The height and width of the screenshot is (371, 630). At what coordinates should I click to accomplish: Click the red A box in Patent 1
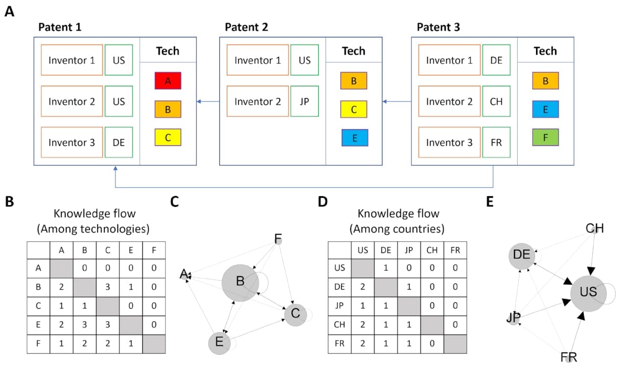pyautogui.click(x=167, y=81)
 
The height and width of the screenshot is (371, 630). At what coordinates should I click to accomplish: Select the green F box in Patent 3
pyautogui.click(x=545, y=137)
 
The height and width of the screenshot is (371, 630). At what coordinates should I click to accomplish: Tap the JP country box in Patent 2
pyautogui.click(x=304, y=101)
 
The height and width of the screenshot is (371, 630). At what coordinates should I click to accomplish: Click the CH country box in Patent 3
pyautogui.click(x=496, y=101)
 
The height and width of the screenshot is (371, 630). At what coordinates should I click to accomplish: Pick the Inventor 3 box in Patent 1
pyautogui.click(x=71, y=142)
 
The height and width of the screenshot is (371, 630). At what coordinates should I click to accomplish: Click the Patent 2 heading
pyautogui.click(x=246, y=27)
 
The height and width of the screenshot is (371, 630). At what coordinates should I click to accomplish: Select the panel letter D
pyautogui.click(x=323, y=202)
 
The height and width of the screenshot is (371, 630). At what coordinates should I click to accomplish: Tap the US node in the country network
pyautogui.click(x=589, y=292)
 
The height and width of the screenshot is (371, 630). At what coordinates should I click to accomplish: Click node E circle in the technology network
pyautogui.click(x=219, y=343)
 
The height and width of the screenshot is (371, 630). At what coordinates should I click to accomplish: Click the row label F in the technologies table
pyautogui.click(x=38, y=344)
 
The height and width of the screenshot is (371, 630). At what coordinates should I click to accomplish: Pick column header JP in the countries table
pyautogui.click(x=408, y=250)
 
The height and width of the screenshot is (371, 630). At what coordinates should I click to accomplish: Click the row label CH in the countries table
pyautogui.click(x=339, y=325)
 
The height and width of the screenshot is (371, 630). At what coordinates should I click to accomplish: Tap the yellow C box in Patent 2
pyautogui.click(x=353, y=109)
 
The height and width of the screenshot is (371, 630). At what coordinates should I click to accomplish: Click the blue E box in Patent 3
pyautogui.click(x=545, y=109)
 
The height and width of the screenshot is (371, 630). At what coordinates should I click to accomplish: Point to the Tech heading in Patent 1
pyautogui.click(x=167, y=51)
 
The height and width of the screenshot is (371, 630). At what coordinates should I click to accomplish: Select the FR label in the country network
pyautogui.click(x=569, y=358)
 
